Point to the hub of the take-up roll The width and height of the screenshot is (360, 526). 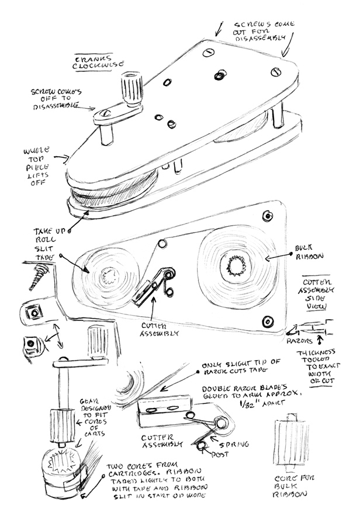109,275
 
